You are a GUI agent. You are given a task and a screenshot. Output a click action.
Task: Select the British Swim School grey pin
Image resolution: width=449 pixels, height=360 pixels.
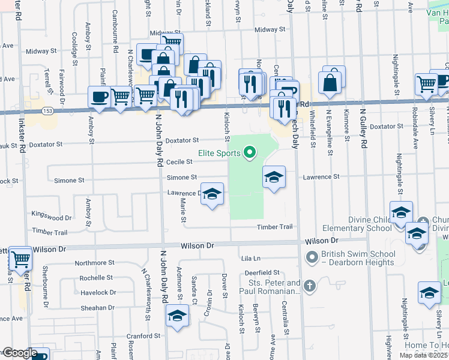pos(312,257)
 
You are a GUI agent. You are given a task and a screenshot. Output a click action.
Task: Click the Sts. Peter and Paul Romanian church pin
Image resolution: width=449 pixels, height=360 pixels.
pos(310,285)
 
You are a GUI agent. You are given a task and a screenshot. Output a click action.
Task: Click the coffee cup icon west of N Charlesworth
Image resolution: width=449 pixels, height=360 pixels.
pos(99,97)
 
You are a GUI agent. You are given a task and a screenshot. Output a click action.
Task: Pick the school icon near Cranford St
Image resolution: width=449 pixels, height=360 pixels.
pos(178,316)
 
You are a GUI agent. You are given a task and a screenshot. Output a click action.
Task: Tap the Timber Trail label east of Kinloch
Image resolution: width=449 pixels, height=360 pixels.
pos(274,227)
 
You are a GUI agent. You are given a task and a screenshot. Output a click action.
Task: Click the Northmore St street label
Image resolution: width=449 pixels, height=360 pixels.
pos(95,263)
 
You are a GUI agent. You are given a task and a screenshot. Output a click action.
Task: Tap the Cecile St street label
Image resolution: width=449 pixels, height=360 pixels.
pos(179,162)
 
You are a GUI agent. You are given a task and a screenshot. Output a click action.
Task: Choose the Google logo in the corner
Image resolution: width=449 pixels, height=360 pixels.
pos(19,353)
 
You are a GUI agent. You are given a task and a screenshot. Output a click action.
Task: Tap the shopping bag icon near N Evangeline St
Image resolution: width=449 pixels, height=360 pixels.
pos(330,82)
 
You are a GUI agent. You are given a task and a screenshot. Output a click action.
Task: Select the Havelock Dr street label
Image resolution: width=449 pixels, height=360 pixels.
pos(98,293)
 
